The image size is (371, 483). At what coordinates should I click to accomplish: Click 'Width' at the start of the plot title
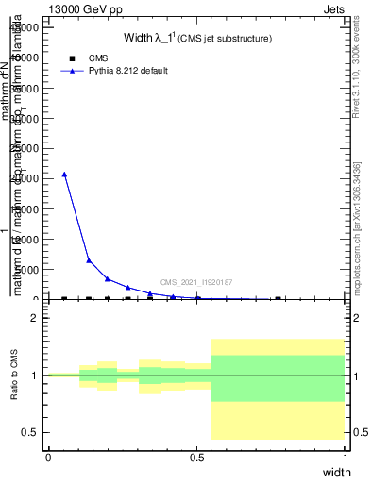tap(139, 38)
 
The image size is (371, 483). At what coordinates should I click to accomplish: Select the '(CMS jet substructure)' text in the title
tap(228, 39)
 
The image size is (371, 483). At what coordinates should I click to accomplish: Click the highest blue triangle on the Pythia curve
tap(64, 174)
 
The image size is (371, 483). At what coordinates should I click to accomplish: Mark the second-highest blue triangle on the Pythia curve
tap(89, 260)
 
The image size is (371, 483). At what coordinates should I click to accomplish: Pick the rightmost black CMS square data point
tap(278, 299)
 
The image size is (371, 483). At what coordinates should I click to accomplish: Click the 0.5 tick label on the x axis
tap(196, 458)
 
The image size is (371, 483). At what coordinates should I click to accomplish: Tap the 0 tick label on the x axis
tap(48, 458)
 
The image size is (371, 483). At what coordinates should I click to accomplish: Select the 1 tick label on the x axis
tap(346, 458)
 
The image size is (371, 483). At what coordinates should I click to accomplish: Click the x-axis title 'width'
tap(336, 472)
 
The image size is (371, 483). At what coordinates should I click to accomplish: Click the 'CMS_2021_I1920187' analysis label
tap(196, 282)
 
